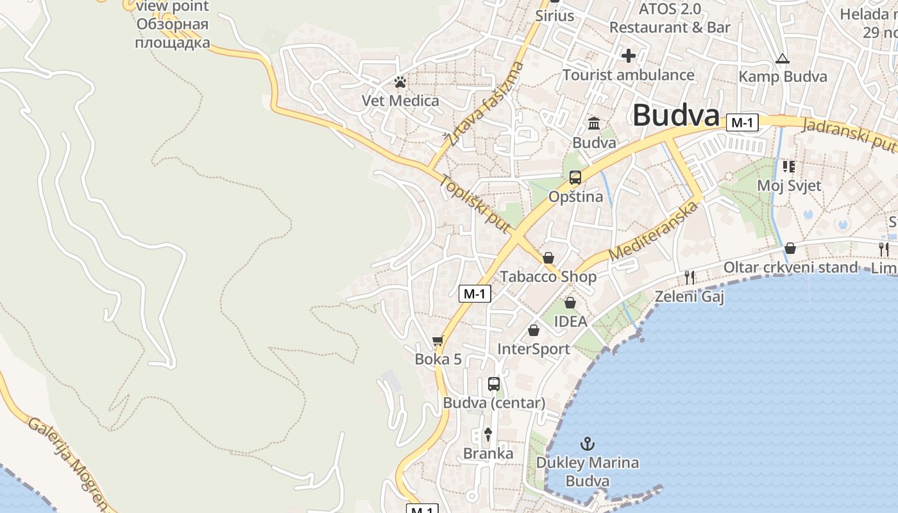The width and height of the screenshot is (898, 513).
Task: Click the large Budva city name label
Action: (675, 116)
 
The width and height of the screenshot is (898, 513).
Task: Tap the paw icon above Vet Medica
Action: (400, 82)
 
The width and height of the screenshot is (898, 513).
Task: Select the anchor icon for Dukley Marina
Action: (587, 443)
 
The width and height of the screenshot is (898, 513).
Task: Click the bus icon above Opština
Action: (575, 178)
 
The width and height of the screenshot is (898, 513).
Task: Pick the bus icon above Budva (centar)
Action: (493, 384)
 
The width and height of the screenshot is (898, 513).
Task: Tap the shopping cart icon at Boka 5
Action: (438, 341)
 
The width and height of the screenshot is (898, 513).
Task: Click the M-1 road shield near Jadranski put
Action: (742, 122)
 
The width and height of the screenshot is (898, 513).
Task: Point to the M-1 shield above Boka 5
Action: (475, 294)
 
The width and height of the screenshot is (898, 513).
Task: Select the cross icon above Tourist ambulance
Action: (628, 56)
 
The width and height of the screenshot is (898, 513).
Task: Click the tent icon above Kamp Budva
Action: (782, 59)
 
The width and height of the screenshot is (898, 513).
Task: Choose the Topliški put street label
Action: (474, 203)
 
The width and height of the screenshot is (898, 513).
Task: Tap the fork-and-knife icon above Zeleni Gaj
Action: (690, 277)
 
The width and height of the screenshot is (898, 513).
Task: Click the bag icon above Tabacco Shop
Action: (548, 258)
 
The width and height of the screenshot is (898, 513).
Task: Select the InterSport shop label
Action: (534, 349)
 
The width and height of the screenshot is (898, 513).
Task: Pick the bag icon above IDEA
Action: (570, 303)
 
